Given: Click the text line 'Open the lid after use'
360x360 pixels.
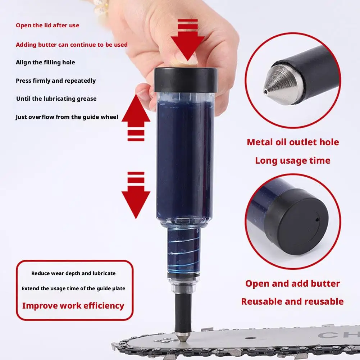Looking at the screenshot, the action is tap(47, 25).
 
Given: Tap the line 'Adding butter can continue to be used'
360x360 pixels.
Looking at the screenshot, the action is tap(72, 45).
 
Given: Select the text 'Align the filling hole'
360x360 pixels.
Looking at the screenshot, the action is tap(45, 63).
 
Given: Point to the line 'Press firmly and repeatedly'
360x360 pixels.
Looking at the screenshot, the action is tap(56, 81).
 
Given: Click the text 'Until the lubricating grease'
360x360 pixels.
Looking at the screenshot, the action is tap(56, 99).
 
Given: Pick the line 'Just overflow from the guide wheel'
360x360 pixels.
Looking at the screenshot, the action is tap(67, 117).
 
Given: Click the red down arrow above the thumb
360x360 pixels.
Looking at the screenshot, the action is tap(188, 40).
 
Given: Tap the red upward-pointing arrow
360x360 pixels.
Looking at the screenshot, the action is tap(136, 117).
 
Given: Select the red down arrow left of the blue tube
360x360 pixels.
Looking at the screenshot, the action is tap(136, 195).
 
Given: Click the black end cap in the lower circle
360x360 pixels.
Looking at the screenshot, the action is tap(296, 222).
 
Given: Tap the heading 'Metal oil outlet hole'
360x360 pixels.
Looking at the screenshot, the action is tap(293, 142).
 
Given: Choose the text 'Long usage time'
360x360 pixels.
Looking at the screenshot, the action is tap(293, 161).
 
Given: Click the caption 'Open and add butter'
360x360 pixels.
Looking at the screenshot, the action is tap(293, 283).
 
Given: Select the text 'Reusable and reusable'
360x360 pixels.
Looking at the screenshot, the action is tap(292, 301).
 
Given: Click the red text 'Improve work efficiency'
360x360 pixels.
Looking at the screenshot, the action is tap(73, 306).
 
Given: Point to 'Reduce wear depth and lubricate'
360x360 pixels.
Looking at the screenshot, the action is tap(73, 273).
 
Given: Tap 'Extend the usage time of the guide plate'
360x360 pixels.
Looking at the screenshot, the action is tap(73, 288).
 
